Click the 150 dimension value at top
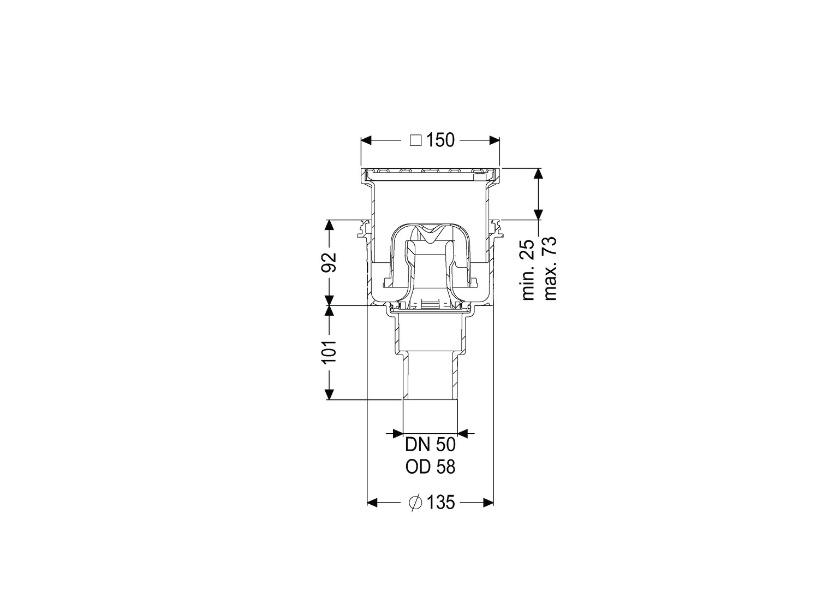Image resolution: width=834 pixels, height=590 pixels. click(x=440, y=140)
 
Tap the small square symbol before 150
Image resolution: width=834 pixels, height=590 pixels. click(x=415, y=140)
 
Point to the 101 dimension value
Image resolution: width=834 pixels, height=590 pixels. click(x=329, y=351)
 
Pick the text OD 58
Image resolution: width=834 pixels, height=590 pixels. click(x=431, y=467)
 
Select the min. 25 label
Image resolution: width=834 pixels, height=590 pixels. click(x=528, y=270)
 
